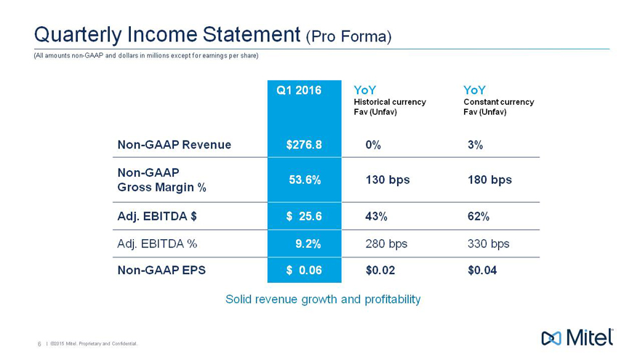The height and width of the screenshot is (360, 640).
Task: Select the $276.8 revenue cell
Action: click(304, 145)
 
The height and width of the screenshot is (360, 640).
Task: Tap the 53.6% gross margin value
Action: click(305, 180)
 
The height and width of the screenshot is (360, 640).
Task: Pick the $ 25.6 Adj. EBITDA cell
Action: click(304, 216)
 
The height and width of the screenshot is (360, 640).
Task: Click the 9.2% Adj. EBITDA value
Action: click(308, 244)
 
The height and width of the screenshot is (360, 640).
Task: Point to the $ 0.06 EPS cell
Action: click(304, 271)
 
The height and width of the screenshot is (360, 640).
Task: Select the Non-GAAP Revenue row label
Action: click(174, 145)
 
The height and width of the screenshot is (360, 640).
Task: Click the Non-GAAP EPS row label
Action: click(161, 271)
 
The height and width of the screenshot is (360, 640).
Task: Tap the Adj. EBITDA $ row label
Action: click(157, 216)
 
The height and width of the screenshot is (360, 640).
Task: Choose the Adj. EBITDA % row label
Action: click(159, 244)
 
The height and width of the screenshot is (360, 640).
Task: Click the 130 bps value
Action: click(387, 180)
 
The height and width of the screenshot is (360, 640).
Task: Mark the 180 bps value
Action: click(489, 180)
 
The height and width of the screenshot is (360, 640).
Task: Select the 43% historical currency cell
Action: click(376, 216)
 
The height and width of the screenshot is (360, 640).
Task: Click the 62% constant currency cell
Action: click(479, 216)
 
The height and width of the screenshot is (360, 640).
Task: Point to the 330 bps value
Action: click(489, 244)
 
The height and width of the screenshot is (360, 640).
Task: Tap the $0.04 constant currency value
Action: click(483, 271)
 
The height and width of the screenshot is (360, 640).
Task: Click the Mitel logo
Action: click(578, 337)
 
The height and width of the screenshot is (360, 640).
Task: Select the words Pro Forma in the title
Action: click(349, 36)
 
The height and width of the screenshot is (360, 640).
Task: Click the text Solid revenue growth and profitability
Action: click(323, 299)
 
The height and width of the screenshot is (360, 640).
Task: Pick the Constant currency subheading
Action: click(498, 102)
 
